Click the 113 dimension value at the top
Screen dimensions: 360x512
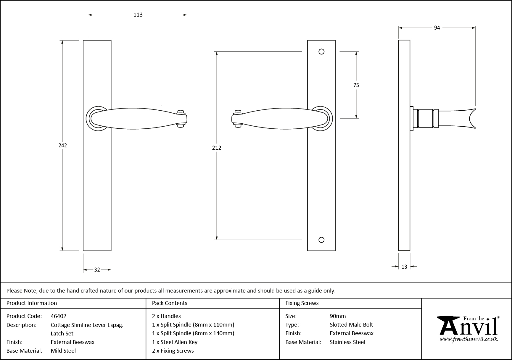[x=138, y=15]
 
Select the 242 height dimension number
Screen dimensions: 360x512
[x=62, y=145]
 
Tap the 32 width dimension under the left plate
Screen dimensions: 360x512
[x=97, y=270]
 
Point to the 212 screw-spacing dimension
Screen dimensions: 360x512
[x=217, y=148]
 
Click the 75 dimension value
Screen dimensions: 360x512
[x=356, y=85]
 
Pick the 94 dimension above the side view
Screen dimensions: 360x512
[x=437, y=28]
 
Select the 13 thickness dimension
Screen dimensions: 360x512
[x=404, y=267]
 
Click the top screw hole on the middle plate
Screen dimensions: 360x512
[x=321, y=52]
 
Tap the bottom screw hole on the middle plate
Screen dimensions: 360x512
[x=321, y=240]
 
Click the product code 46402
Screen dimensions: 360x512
[x=59, y=316]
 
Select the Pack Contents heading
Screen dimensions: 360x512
[x=170, y=303]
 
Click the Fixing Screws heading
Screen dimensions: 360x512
[x=302, y=303]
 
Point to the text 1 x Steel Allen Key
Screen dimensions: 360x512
[x=175, y=342]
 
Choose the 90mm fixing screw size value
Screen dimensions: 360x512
[x=338, y=316]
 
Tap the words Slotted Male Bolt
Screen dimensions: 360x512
[x=351, y=325]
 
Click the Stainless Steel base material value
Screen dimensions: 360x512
[x=347, y=342]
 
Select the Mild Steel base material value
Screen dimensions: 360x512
[x=63, y=351]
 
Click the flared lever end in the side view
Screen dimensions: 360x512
[x=471, y=119]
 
